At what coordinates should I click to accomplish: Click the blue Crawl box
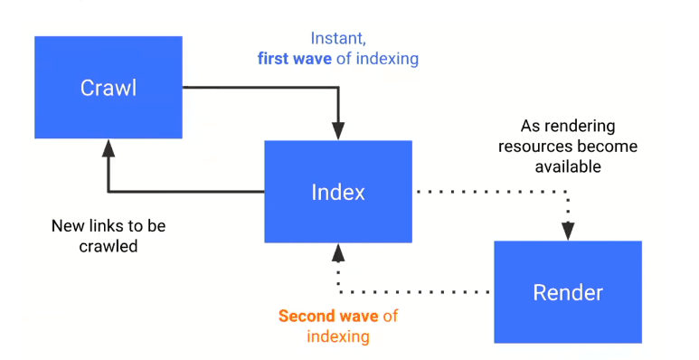click(x=109, y=88)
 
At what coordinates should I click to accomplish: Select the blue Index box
click(x=338, y=192)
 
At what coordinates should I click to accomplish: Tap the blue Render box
click(x=568, y=292)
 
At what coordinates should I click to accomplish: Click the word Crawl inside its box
click(x=109, y=88)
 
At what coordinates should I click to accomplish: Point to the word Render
click(x=568, y=293)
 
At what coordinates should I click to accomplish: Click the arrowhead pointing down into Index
click(x=338, y=132)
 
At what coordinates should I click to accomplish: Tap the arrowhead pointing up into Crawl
click(x=109, y=147)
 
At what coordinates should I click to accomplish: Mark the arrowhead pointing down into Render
click(x=568, y=232)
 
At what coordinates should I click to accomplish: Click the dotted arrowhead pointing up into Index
click(x=338, y=251)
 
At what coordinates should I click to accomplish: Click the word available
click(x=567, y=166)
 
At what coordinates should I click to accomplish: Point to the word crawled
click(x=109, y=245)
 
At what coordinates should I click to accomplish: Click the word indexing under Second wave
click(x=338, y=336)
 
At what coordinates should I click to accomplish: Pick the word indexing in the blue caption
click(x=386, y=60)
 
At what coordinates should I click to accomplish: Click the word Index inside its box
click(x=338, y=192)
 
